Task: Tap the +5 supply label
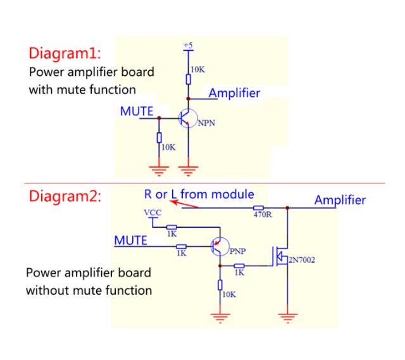188,45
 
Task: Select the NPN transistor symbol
187,118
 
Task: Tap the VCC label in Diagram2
153,213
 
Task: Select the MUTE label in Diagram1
137,111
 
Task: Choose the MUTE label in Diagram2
130,240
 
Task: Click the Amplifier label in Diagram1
234,93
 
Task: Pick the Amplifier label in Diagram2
340,200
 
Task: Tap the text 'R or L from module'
199,194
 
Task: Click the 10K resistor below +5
188,79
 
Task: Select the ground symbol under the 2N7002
289,316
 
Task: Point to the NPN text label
206,123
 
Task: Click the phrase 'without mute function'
89,290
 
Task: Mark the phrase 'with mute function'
82,89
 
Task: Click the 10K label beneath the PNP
228,295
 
